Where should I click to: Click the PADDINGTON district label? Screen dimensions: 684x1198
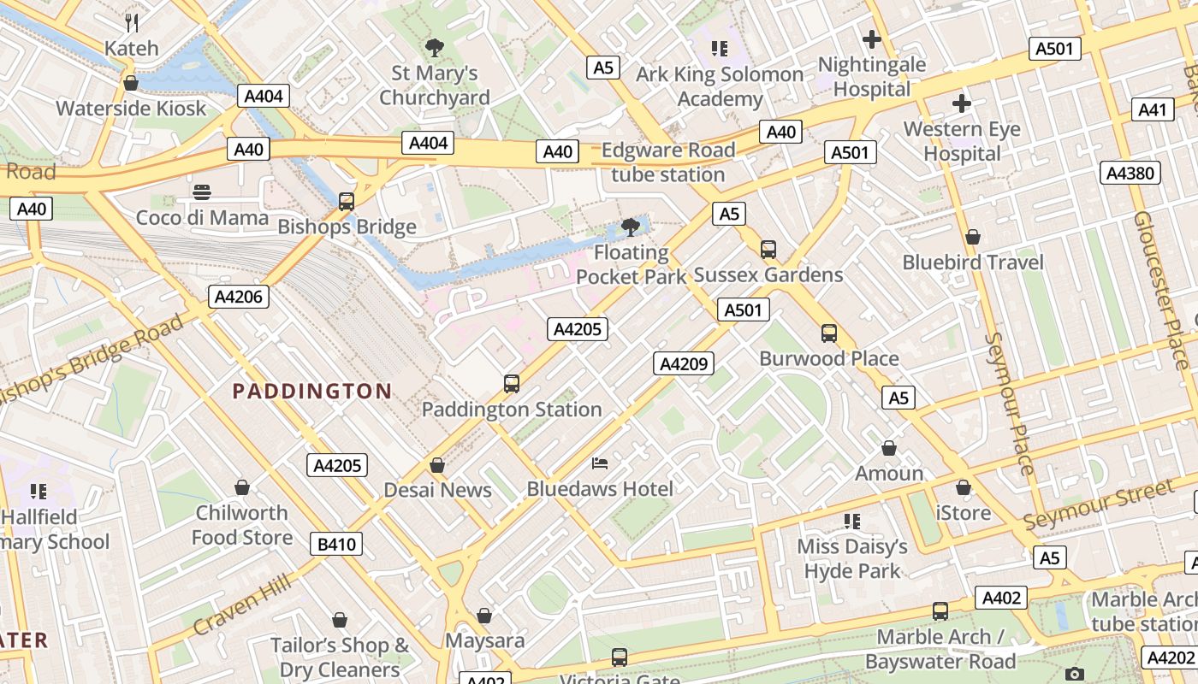coord(312,392)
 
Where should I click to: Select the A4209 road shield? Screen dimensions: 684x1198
coord(683,363)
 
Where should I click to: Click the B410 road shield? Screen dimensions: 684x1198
coord(336,544)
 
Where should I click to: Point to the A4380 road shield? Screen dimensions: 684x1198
coord(1130,174)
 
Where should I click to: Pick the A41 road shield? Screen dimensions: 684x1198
coord(1153,109)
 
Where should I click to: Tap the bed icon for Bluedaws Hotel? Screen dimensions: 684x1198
coord(601,463)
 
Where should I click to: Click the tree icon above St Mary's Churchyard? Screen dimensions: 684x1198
coord(435,47)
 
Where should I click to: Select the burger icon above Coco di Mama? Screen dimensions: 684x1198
coord(202,192)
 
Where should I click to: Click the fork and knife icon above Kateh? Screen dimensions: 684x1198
coord(132,22)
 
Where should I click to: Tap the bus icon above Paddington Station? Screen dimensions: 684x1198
coord(512,384)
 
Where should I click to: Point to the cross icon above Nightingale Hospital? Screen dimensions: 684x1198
coord(872,39)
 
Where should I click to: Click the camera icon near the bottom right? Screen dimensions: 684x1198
coord(1076,675)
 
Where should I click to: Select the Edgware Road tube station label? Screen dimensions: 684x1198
coord(667,162)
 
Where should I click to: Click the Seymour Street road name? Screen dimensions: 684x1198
coord(1099,504)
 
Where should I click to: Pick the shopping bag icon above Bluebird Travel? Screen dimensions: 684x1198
coord(973,237)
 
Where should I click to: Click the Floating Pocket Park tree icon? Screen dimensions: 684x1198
coord(631,227)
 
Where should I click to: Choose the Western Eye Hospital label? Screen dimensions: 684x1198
coord(963,142)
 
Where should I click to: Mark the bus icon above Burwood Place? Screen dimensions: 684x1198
coord(828,333)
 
